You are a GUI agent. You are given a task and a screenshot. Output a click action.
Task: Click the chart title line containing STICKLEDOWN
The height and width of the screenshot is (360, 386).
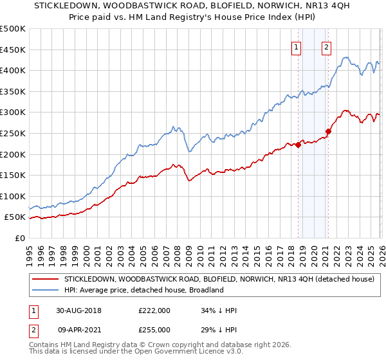[193, 7]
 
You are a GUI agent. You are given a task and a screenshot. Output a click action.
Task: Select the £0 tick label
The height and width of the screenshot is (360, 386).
[19, 239]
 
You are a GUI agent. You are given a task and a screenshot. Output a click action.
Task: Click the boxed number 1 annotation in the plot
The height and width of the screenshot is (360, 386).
[297, 46]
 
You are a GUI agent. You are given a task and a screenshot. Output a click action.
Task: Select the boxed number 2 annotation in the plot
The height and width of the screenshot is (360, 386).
[327, 46]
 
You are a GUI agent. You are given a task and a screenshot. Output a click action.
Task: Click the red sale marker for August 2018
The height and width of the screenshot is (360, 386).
[299, 145]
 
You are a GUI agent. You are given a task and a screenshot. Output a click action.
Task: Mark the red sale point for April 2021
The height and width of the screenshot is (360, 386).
[328, 131]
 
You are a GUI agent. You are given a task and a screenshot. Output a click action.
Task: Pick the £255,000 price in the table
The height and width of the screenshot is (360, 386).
[154, 329]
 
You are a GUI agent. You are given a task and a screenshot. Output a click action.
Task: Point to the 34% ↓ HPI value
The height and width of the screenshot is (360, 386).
[218, 310]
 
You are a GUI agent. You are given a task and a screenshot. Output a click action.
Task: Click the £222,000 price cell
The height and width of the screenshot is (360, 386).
[154, 310]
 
